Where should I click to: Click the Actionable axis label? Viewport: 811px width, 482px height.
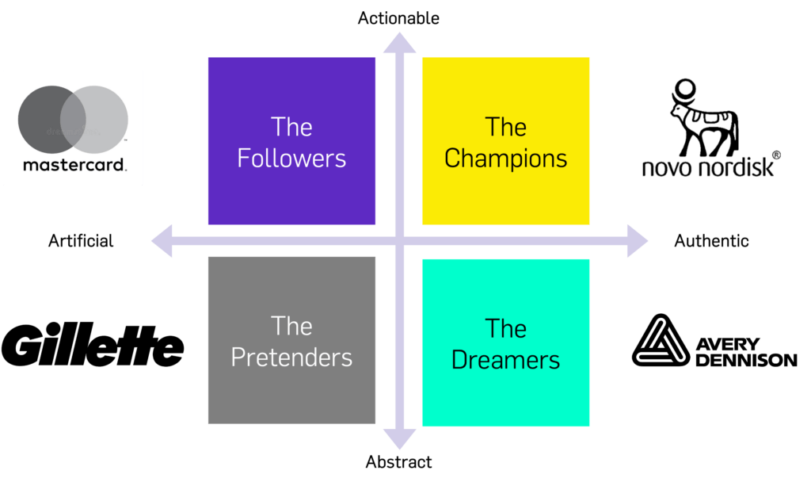point(398,17)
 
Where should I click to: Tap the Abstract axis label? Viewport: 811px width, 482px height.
point(399,461)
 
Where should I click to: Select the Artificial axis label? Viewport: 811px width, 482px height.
point(81,240)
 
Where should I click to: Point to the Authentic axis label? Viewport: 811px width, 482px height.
point(711,240)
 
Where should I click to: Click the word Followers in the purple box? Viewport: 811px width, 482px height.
point(291,158)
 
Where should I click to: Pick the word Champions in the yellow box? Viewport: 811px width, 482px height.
point(505,158)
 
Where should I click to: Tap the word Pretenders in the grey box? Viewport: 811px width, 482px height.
point(291,357)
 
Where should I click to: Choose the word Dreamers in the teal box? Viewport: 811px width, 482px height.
point(505,359)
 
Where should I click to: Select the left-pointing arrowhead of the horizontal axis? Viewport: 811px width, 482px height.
point(162,241)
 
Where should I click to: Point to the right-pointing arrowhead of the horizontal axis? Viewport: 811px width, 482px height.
point(637,241)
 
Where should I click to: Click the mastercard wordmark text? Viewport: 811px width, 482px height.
point(73,166)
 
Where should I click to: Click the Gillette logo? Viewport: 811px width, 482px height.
point(93,347)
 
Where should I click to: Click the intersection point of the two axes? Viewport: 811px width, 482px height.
point(399,241)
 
